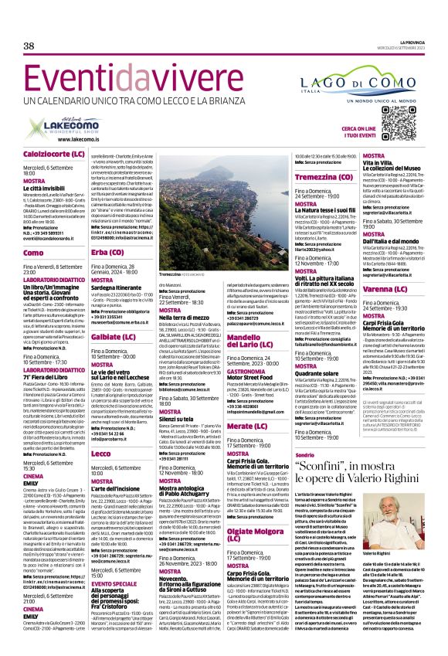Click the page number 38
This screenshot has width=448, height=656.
tap(29, 46)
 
